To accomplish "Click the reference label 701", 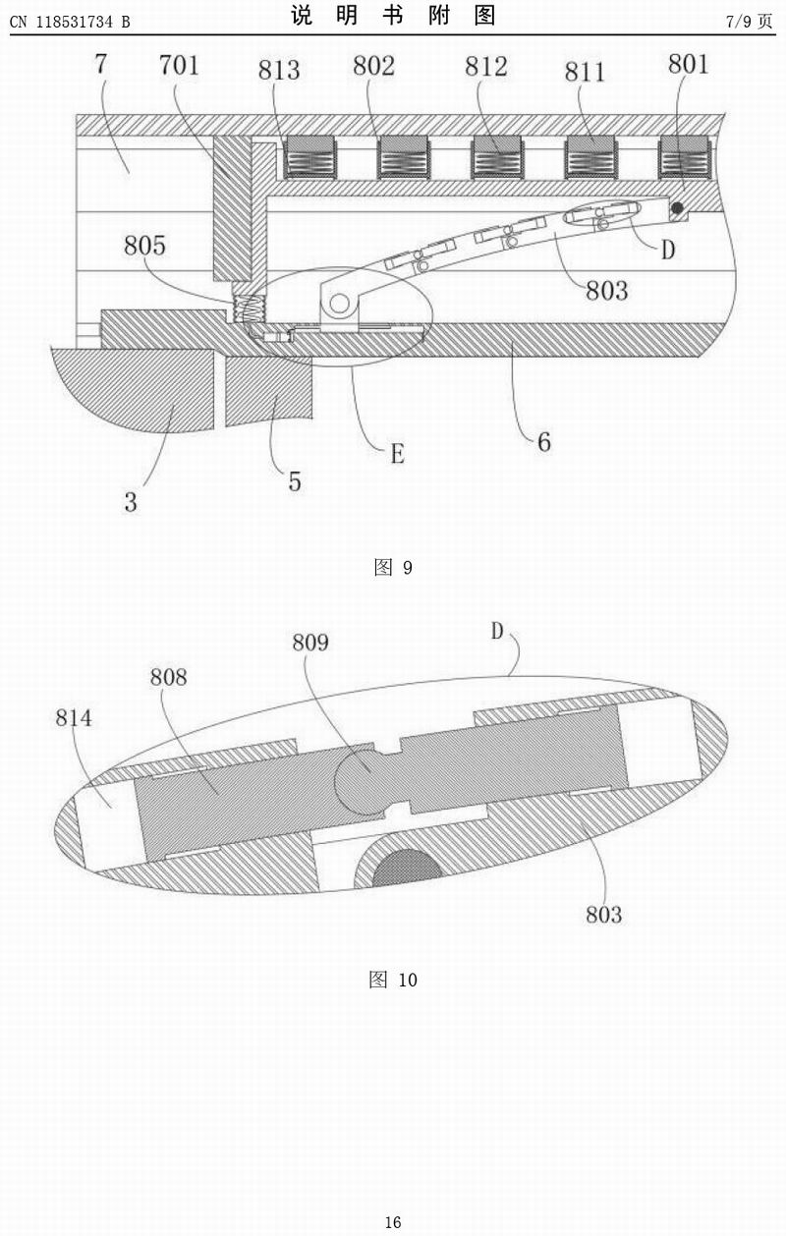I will tap(180, 66).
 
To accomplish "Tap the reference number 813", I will tap(279, 70).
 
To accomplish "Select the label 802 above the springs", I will tap(373, 66).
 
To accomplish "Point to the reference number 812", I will tap(486, 66).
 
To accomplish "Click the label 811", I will tap(586, 70).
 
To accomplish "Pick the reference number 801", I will tap(688, 64).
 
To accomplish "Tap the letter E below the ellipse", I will tap(397, 453).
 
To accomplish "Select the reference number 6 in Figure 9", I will tap(543, 441).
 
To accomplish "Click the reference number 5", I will tap(294, 480).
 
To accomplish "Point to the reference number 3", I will tap(131, 504).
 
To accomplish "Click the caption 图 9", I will tap(393, 568).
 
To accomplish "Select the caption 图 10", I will tap(393, 980).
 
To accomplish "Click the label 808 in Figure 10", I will tap(168, 677).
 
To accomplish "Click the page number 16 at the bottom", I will tap(393, 1222).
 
